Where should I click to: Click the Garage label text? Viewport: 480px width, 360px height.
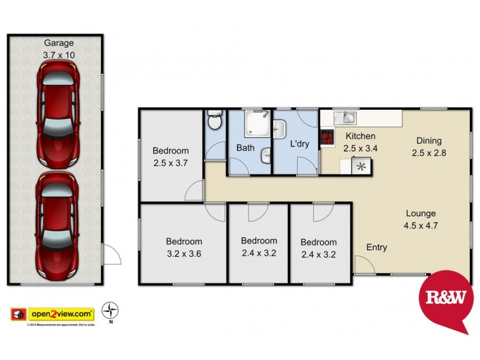pos(58,43)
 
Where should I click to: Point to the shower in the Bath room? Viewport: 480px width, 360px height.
pos(257,124)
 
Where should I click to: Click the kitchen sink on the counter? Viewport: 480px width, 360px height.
pos(345,117)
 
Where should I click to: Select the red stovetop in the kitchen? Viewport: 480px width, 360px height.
pos(327,138)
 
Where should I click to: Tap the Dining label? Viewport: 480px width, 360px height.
pos(430,141)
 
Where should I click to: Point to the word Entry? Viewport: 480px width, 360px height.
pos(377,247)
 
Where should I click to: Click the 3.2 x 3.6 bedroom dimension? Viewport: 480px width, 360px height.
pos(184,253)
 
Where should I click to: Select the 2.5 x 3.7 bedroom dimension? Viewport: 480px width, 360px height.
pos(170,163)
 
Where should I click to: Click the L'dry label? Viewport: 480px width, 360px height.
pos(299,145)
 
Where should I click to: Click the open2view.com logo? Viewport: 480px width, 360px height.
pos(53,313)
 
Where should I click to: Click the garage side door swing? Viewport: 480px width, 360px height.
pos(111,255)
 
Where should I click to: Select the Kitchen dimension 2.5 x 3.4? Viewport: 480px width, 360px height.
pos(360,148)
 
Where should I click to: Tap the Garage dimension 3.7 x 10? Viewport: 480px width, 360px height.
pos(58,55)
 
